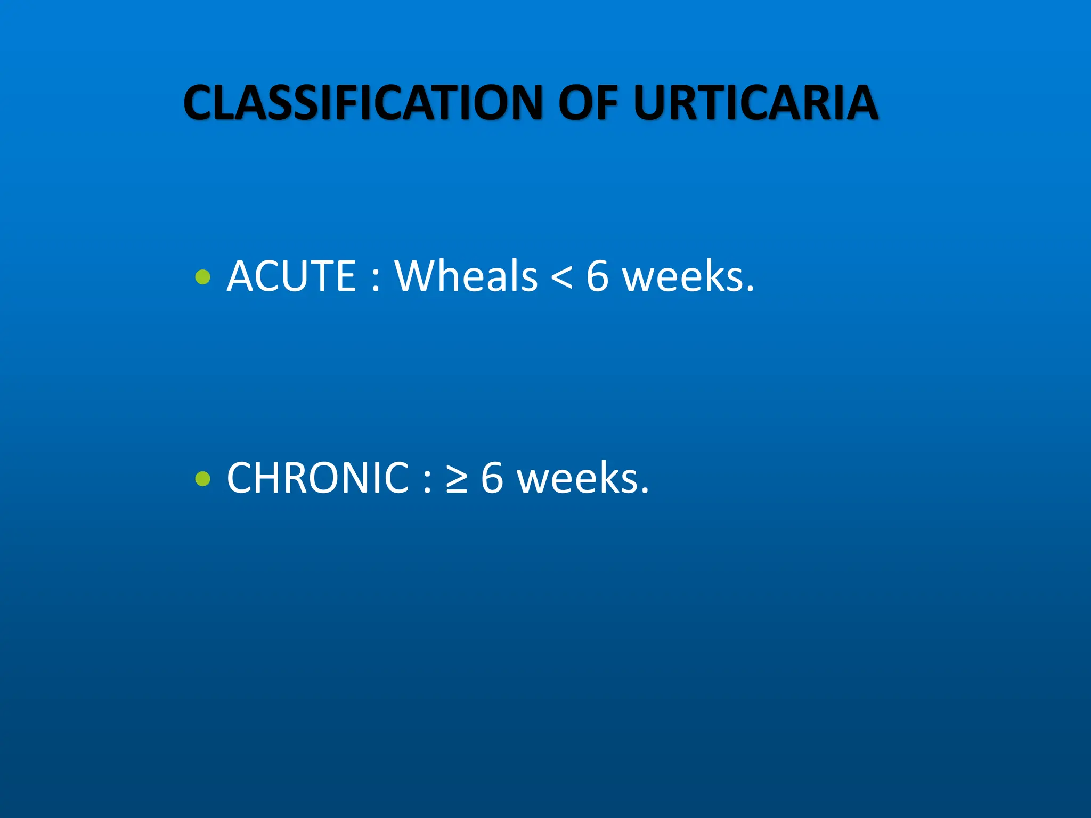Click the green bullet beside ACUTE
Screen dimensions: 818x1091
203,277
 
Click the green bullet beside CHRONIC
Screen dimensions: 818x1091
203,479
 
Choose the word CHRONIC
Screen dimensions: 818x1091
318,478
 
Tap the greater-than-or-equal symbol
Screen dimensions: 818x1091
457,479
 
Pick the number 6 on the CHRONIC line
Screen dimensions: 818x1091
492,478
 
